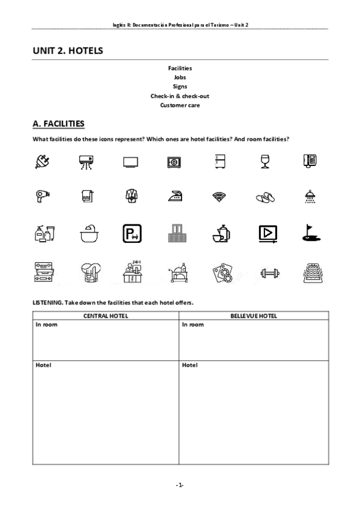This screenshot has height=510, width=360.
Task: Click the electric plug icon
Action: tap(42, 162)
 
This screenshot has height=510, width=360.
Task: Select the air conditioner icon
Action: tap(87, 162)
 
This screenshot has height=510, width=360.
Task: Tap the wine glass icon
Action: tap(265, 162)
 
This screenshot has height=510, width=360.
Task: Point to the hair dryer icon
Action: tap(42, 195)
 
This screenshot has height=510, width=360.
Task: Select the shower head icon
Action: tap(310, 195)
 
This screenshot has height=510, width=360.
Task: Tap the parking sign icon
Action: tap(130, 233)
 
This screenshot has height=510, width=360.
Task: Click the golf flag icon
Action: tap(310, 233)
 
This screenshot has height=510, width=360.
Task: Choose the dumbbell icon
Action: tap(265, 274)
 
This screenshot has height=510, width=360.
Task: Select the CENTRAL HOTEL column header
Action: tap(106, 316)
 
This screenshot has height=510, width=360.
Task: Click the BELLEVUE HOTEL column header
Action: tap(254, 316)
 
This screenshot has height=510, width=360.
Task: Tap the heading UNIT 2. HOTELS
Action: tap(68, 51)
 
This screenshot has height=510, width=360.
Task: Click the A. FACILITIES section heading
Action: tap(58, 124)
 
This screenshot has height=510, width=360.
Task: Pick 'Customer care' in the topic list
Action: tap(180, 105)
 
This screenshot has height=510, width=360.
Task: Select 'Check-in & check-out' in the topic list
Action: tap(180, 96)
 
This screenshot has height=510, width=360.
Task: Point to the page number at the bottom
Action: tap(180, 484)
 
